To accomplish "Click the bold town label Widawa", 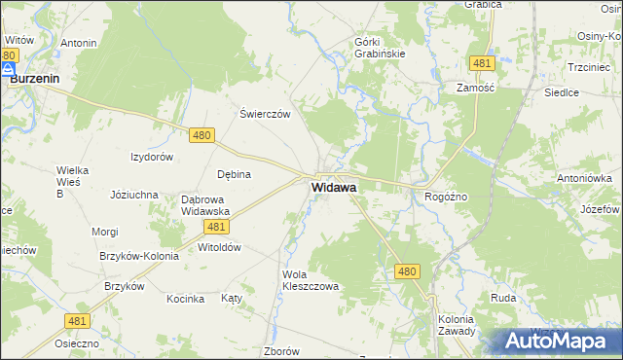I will click(x=333, y=186).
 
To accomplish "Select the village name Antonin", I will click(x=78, y=43).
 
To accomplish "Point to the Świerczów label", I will click(x=266, y=113).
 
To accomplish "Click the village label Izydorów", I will click(x=152, y=157).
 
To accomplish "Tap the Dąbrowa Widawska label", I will click(x=204, y=205).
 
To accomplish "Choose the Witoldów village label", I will click(x=219, y=247).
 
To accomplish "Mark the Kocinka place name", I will click(x=185, y=299).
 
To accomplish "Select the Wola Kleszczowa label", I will click(x=310, y=280).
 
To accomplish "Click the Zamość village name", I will click(x=477, y=87).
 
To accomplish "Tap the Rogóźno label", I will click(x=447, y=196).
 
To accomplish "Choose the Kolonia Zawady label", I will click(x=456, y=324).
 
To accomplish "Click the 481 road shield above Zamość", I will click(x=480, y=63).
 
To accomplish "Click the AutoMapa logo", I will click(x=557, y=341).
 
